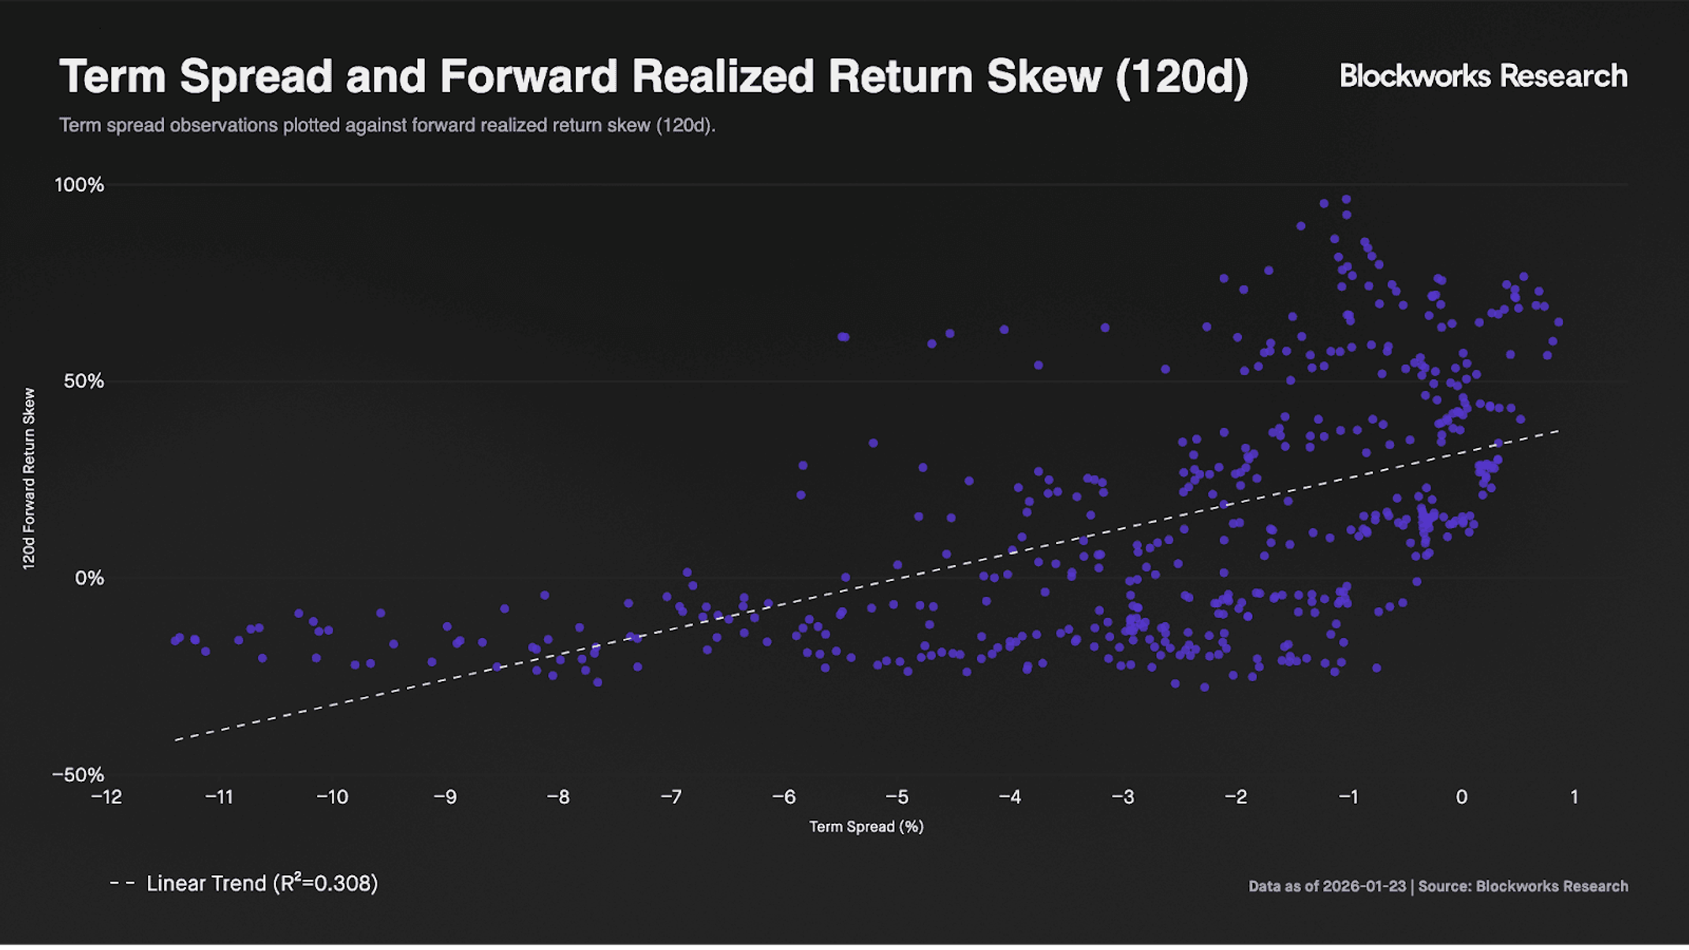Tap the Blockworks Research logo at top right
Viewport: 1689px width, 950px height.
(1483, 76)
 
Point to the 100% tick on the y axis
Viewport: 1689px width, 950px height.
(79, 185)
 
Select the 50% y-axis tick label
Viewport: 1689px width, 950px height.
(84, 382)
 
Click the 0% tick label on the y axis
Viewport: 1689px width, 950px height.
(89, 579)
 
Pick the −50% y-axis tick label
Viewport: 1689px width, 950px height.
(78, 775)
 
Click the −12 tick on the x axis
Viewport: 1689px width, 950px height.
(106, 797)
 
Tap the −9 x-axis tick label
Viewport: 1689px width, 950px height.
(446, 797)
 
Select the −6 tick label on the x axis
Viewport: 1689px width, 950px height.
(784, 797)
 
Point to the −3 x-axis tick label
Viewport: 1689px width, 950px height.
(1123, 797)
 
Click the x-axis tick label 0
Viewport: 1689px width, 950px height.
(1461, 797)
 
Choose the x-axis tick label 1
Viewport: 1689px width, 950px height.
(1574, 797)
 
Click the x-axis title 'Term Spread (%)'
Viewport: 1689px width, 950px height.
(866, 826)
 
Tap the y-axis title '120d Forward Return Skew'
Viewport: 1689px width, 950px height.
(29, 479)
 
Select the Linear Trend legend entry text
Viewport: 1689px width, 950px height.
(262, 884)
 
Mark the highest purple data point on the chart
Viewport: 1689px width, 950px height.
(1346, 199)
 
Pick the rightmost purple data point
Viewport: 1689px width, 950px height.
(1558, 322)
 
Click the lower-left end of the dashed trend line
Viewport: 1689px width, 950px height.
(175, 740)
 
